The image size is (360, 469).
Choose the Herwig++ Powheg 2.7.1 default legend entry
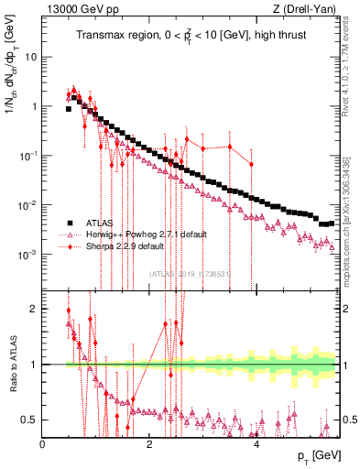tap(146, 234)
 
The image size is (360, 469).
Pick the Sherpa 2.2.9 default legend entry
tap(125, 246)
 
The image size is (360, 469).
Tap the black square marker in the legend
tap(69, 223)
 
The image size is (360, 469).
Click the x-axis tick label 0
tap(43, 444)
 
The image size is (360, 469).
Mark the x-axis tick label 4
tap(256, 444)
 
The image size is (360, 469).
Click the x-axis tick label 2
tap(149, 444)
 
